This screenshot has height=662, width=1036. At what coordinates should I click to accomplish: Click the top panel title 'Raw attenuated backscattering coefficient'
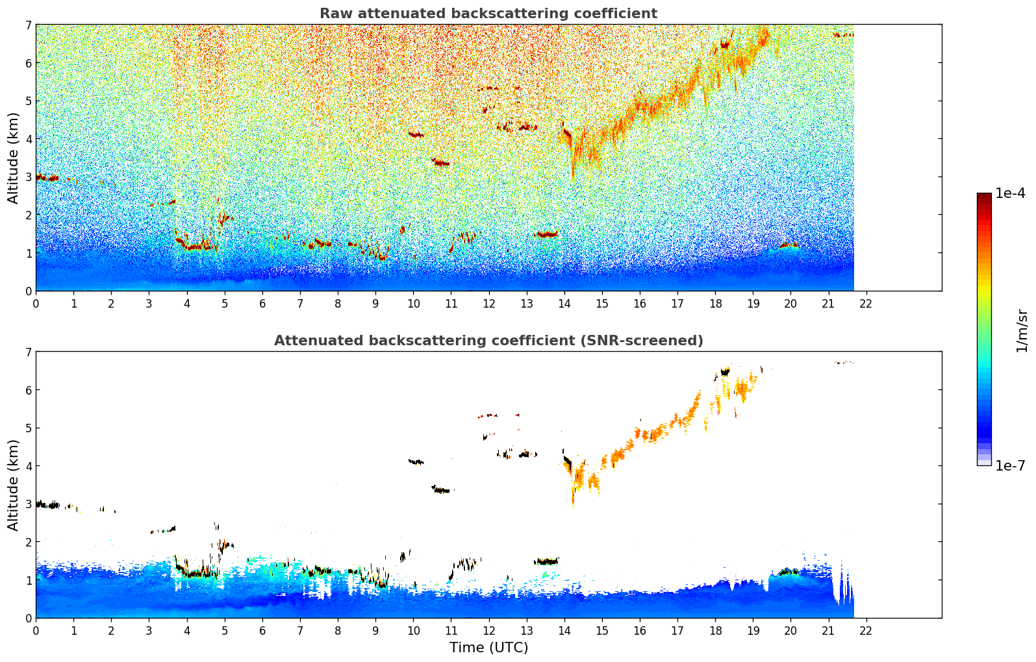pyautogui.click(x=488, y=14)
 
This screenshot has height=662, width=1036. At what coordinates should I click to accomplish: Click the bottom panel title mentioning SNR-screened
pyautogui.click(x=488, y=341)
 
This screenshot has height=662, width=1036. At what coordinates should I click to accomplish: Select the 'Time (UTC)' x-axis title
pyautogui.click(x=488, y=647)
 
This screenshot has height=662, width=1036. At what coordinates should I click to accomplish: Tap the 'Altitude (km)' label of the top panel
pyautogui.click(x=14, y=158)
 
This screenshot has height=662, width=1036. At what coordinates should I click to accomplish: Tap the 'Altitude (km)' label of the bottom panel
pyautogui.click(x=14, y=485)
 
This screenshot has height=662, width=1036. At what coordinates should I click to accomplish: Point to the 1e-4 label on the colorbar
pyautogui.click(x=1010, y=193)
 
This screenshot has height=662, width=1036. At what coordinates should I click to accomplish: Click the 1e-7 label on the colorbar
pyautogui.click(x=1010, y=465)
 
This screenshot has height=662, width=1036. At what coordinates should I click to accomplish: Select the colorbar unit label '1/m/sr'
pyautogui.click(x=1022, y=330)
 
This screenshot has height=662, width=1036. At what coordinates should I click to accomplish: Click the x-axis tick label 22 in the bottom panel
pyautogui.click(x=866, y=630)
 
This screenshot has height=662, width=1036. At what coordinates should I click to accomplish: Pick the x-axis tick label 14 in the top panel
pyautogui.click(x=564, y=303)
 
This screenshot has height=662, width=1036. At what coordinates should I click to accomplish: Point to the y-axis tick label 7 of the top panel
pyautogui.click(x=29, y=25)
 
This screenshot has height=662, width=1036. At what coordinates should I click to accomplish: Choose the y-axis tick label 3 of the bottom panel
pyautogui.click(x=29, y=504)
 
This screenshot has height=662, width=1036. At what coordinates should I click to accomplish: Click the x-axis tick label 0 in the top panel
pyautogui.click(x=36, y=303)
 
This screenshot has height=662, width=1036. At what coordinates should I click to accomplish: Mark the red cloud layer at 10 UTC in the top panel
pyautogui.click(x=416, y=135)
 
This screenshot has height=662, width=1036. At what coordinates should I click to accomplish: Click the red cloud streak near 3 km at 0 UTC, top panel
pyautogui.click(x=47, y=178)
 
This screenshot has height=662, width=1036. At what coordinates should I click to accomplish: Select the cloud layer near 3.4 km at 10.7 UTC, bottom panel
pyautogui.click(x=441, y=490)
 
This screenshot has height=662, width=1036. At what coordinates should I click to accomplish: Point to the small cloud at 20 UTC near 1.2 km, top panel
pyautogui.click(x=789, y=246)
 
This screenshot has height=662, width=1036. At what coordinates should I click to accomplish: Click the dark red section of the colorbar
pyautogui.click(x=984, y=201)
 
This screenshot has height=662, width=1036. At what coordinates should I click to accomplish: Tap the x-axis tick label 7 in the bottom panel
pyautogui.click(x=300, y=630)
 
